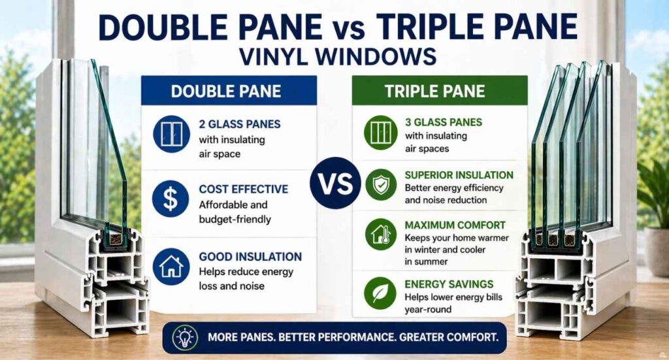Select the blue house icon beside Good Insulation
click(171, 266)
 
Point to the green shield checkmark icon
click(379, 186)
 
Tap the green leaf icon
click(379, 294)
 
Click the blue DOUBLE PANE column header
click(229, 91)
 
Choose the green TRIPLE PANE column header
click(438, 91)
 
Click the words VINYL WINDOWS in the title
click(338, 56)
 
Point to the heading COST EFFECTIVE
click(243, 189)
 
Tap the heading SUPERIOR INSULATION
click(459, 175)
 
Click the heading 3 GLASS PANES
click(443, 122)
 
